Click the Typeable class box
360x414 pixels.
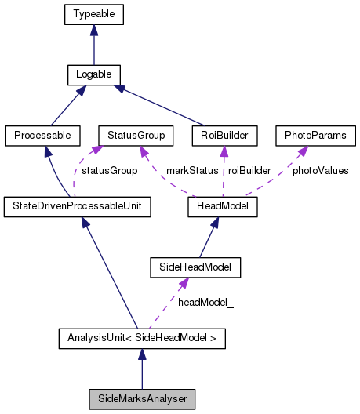click(93, 14)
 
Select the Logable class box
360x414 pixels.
click(93, 75)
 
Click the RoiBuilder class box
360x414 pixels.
click(224, 136)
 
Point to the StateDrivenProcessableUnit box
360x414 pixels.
click(77, 207)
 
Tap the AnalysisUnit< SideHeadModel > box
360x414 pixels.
click(141, 339)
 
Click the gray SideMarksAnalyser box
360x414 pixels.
click(141, 399)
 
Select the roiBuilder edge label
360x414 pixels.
click(249, 170)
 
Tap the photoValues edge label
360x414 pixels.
click(320, 170)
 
